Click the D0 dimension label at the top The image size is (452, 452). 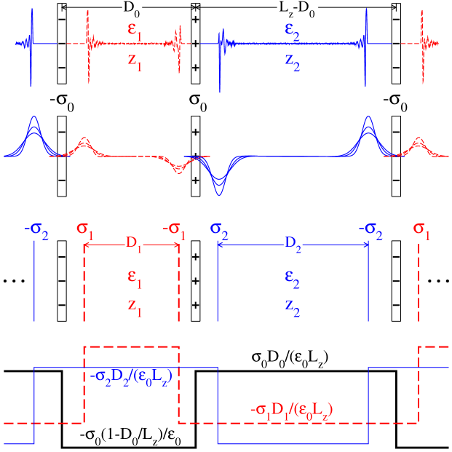(x=128, y=11)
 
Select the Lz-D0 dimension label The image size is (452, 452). (x=294, y=11)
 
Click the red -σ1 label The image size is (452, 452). (x=174, y=229)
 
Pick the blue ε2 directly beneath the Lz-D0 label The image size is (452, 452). (x=294, y=31)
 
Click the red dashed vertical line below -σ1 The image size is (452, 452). (x=179, y=284)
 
